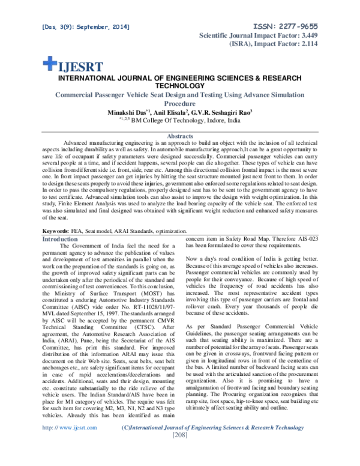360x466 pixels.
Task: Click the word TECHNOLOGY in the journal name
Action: (181, 85)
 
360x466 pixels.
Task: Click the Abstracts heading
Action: (181, 136)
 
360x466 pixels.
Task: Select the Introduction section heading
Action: (58, 238)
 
